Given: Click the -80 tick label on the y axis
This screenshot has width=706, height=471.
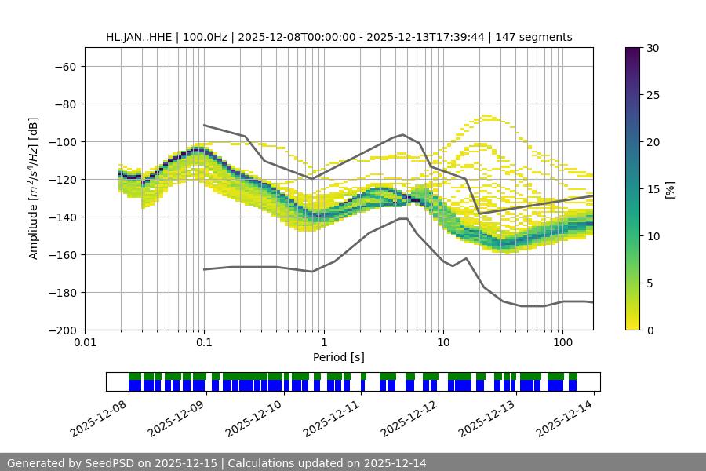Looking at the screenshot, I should pyautogui.click(x=64, y=104).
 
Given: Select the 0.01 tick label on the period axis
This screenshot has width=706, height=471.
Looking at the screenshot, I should pyautogui.click(x=85, y=343).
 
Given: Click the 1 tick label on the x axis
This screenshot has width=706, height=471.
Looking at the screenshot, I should pyautogui.click(x=324, y=343).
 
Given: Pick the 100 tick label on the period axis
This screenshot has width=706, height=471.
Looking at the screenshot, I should pyautogui.click(x=562, y=343).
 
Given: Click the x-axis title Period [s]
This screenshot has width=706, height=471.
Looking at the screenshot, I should pyautogui.click(x=339, y=357).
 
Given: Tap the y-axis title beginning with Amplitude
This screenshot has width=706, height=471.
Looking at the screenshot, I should pyautogui.click(x=34, y=188).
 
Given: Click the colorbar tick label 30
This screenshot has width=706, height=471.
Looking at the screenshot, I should pyautogui.click(x=652, y=48).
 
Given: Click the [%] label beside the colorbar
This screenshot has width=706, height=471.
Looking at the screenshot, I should pyautogui.click(x=670, y=189).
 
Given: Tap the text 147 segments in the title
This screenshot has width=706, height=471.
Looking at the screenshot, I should pyautogui.click(x=538, y=37).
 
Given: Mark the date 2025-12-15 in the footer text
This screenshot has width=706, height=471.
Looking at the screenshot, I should pyautogui.click(x=191, y=463).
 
